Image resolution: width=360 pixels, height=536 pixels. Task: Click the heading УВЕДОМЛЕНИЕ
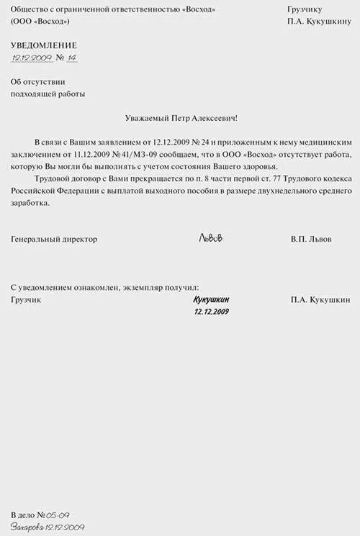(x=44, y=45)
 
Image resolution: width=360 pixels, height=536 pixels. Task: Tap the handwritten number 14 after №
(x=71, y=58)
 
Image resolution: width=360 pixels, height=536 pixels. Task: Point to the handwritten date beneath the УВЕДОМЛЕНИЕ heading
(x=32, y=58)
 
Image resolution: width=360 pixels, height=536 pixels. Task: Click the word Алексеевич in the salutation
(x=212, y=117)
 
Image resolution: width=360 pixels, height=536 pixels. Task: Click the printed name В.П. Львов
(x=312, y=239)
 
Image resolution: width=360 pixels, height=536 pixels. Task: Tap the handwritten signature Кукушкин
(x=211, y=299)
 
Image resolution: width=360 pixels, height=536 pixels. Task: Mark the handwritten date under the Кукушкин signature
(x=211, y=312)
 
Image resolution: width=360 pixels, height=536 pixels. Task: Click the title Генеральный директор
(x=54, y=239)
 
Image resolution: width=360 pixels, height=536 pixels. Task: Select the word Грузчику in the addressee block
(x=304, y=9)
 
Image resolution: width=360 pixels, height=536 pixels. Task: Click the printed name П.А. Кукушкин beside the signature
(x=320, y=299)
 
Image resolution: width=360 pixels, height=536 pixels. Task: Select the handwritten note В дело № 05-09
(x=40, y=516)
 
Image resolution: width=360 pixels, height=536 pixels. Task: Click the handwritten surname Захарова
(x=27, y=527)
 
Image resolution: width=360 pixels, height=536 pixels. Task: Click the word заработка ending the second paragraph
(x=31, y=203)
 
